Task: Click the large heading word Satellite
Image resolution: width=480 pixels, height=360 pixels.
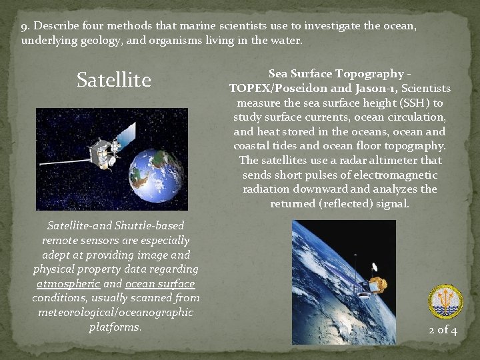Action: click(x=114, y=81)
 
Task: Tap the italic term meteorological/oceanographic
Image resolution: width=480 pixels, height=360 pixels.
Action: click(x=116, y=312)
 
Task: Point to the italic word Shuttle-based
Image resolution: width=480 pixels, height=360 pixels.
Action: click(x=150, y=225)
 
